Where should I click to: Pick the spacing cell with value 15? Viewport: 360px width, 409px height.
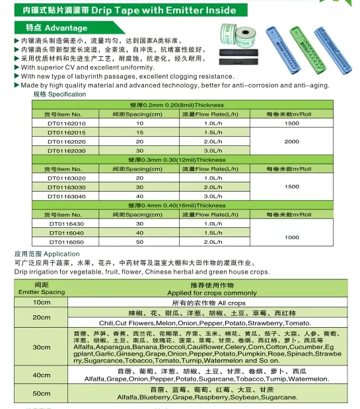[139, 132]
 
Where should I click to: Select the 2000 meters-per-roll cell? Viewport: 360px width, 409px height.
[291, 141]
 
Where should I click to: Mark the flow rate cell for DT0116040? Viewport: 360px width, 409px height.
[213, 233]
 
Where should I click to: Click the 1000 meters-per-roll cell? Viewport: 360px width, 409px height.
[291, 237]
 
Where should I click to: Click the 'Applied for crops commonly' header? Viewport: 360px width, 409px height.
[212, 292]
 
